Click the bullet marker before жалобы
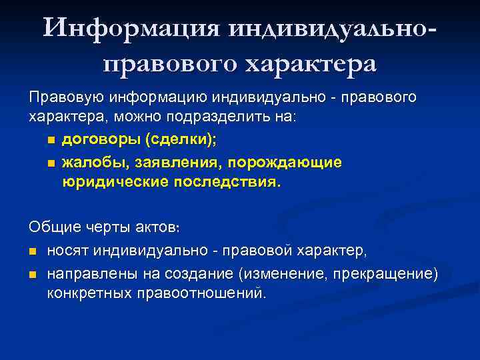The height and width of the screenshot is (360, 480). (x=50, y=163)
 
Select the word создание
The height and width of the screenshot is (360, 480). (x=181, y=273)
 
